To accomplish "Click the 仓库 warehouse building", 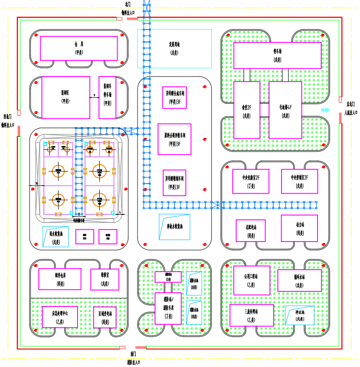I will pyautogui.click(x=79, y=48).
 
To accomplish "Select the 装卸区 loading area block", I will pyautogui.click(x=66, y=97).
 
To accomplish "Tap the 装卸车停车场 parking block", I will pyautogui.click(x=108, y=97).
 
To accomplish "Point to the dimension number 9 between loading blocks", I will pyautogui.click(x=95, y=95).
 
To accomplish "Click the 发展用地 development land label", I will pyautogui.click(x=174, y=48).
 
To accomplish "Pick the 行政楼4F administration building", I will pyautogui.click(x=285, y=110).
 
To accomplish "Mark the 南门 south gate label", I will pyautogui.click(x=133, y=354).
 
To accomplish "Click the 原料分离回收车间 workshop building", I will pyautogui.click(x=174, y=139).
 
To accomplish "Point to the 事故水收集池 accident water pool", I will pyautogui.click(x=174, y=226).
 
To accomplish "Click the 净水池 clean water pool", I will pyautogui.click(x=300, y=315).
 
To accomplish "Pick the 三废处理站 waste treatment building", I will pyautogui.click(x=252, y=315).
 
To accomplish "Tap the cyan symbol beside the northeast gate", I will pyautogui.click(x=326, y=110).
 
